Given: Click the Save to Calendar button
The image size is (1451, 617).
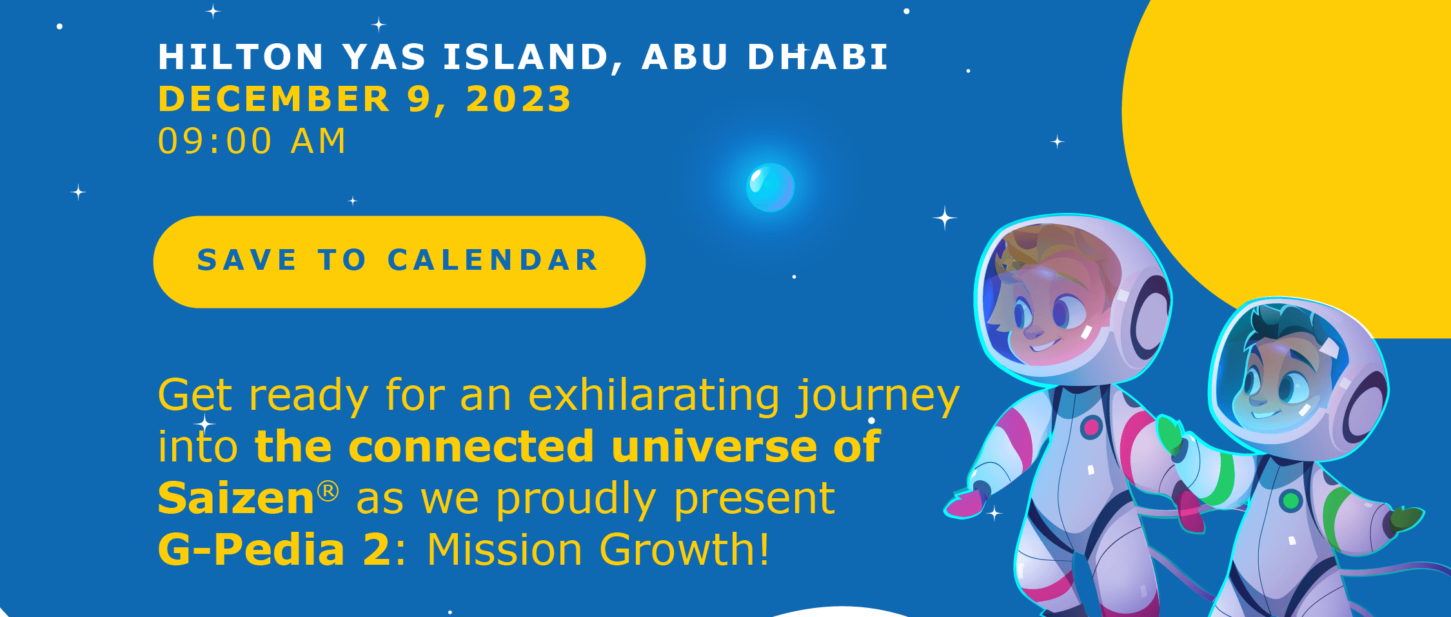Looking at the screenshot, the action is click(x=399, y=261).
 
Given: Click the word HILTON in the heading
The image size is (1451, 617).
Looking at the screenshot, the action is click(x=241, y=57).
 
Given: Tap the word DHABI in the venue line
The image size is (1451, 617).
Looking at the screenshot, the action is click(x=818, y=57).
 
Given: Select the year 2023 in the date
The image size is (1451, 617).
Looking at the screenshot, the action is click(x=519, y=99).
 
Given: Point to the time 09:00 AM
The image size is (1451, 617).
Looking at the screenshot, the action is click(x=252, y=141).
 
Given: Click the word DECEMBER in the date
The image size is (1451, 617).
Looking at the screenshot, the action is click(x=275, y=99).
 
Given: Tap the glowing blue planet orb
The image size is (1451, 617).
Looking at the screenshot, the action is click(x=770, y=187).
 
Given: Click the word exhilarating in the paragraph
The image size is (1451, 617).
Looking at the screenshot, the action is click(x=654, y=395).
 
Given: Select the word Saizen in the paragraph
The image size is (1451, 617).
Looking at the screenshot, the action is click(x=236, y=498).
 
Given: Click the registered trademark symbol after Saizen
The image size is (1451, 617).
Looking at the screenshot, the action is click(x=328, y=491).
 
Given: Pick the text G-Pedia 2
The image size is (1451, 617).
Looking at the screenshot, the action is click(x=275, y=550).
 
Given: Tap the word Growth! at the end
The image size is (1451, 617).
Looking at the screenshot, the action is click(x=684, y=550).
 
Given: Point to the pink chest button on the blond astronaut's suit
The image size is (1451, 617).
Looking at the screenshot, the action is click(x=1091, y=427).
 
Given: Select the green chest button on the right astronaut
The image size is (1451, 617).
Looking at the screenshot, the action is click(x=1291, y=500).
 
